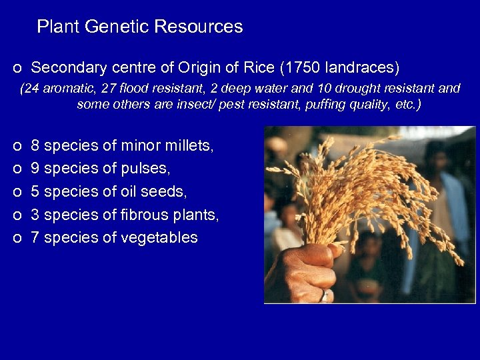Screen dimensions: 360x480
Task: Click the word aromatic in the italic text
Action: pos(68,89)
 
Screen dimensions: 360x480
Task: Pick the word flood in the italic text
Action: pos(131,89)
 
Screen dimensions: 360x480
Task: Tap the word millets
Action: pos(190,145)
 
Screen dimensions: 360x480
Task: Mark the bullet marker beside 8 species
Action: pos(16,146)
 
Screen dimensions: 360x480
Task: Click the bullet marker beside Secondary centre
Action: pos(16,69)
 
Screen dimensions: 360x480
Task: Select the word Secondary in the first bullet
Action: pos(63,68)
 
